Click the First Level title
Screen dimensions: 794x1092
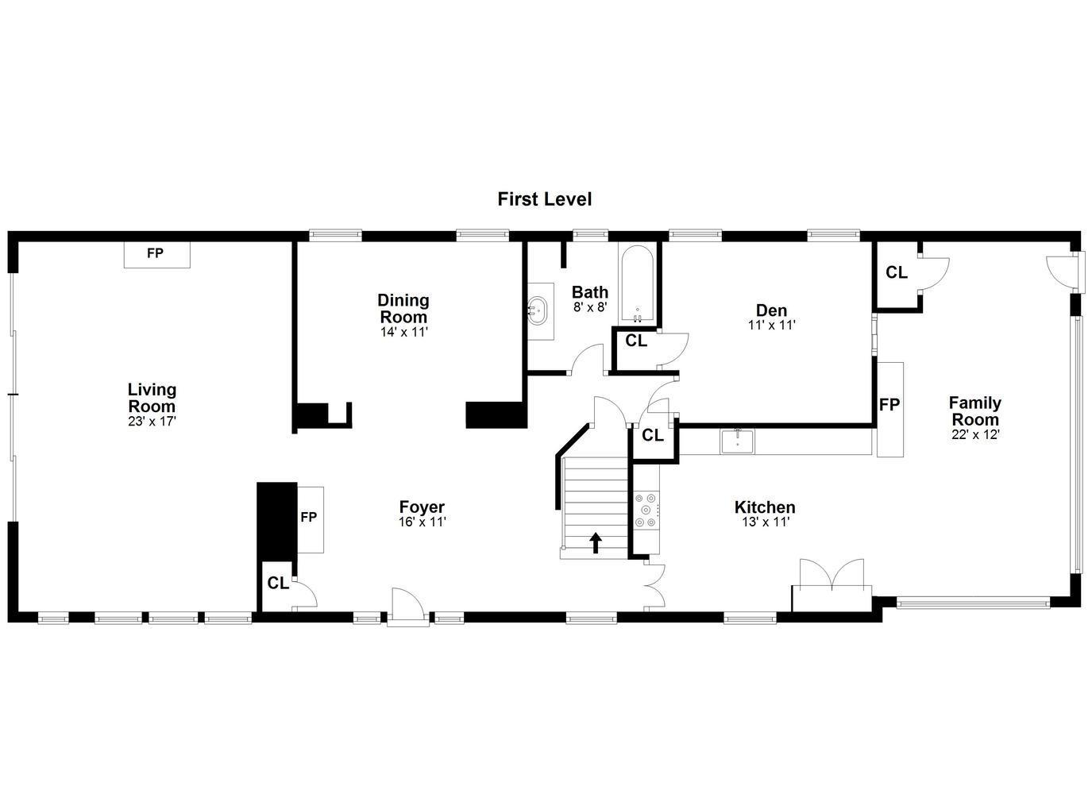pos(544,198)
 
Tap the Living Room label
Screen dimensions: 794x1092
pos(152,398)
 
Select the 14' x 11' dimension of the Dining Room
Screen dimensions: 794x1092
pos(403,332)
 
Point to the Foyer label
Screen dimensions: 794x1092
pos(422,507)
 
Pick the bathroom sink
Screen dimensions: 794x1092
pos(540,309)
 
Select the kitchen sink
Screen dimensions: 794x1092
pos(738,441)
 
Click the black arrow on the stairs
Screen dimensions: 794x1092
pos(596,542)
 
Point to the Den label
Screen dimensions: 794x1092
pos(771,310)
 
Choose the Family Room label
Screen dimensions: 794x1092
pos(975,410)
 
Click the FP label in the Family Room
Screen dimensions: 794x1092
pos(889,405)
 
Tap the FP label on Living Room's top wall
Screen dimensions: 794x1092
pos(155,253)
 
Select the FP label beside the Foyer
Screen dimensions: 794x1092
pos(309,518)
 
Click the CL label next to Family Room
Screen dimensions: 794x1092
pos(897,272)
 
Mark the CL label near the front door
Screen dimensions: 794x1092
pos(278,584)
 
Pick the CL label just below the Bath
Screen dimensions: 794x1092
pos(636,341)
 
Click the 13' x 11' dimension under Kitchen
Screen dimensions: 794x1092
pos(765,522)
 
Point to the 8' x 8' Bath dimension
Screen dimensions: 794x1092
pos(590,306)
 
